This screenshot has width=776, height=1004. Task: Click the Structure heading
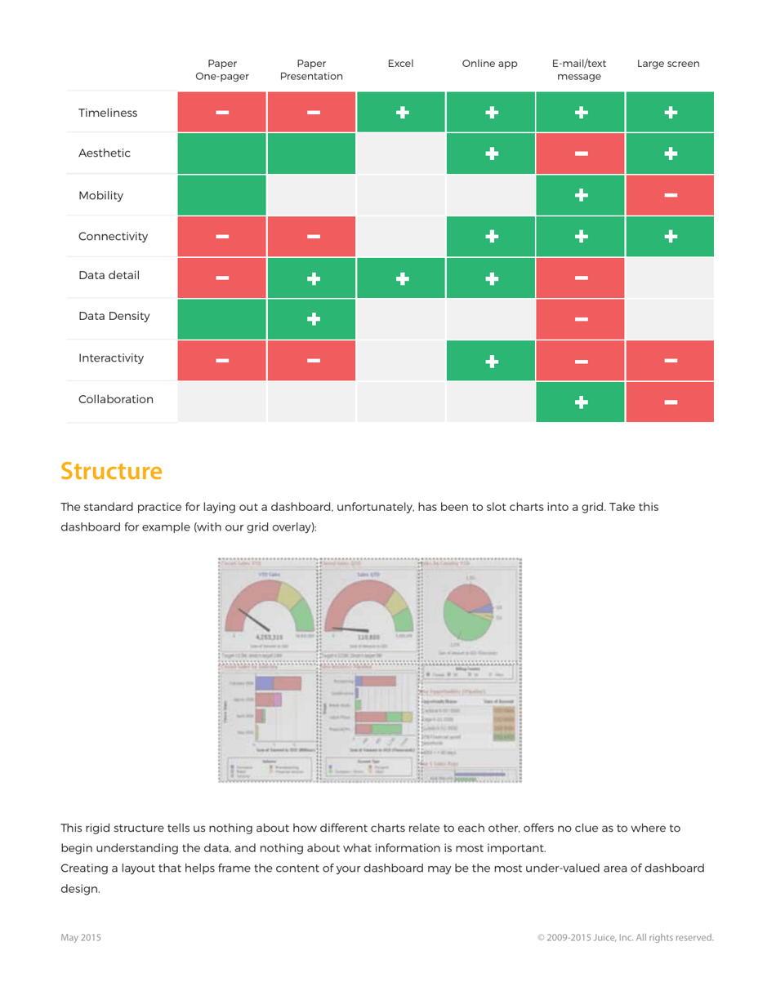(x=111, y=471)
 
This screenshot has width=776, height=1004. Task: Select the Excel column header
(x=400, y=64)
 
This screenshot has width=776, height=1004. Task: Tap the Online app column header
(x=489, y=64)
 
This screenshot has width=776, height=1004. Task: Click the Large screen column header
(x=668, y=64)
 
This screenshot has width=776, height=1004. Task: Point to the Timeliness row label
(x=108, y=113)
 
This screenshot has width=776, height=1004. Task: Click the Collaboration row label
(x=116, y=399)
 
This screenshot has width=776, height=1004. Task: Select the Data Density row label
(x=114, y=316)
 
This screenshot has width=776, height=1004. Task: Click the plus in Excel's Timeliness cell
(x=401, y=113)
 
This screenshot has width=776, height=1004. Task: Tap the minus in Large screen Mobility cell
(x=670, y=195)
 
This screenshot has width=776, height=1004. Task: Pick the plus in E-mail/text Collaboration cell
(x=580, y=402)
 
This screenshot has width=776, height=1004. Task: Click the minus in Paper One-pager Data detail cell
(x=222, y=278)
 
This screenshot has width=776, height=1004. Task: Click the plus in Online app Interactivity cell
(x=490, y=360)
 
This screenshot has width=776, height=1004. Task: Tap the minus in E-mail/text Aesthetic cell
(x=580, y=154)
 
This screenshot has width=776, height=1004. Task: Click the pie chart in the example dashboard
(x=468, y=611)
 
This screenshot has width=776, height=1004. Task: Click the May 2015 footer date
(x=81, y=938)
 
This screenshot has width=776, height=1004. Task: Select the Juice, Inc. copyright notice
(x=625, y=938)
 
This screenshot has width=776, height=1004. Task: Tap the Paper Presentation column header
(x=311, y=70)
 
